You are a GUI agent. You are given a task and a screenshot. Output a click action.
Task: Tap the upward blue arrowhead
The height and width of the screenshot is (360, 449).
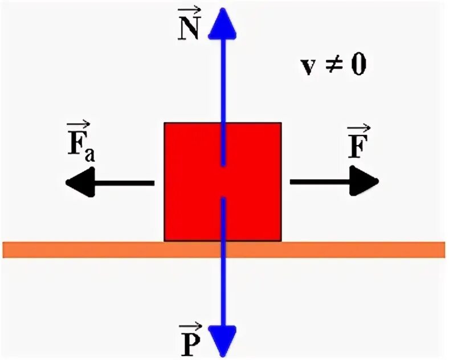pos(223,23)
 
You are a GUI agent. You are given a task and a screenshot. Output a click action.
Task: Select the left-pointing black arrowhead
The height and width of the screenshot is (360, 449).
pos(80,183)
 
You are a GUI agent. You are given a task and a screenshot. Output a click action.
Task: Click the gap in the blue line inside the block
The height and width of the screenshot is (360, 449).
pos(224,182)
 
